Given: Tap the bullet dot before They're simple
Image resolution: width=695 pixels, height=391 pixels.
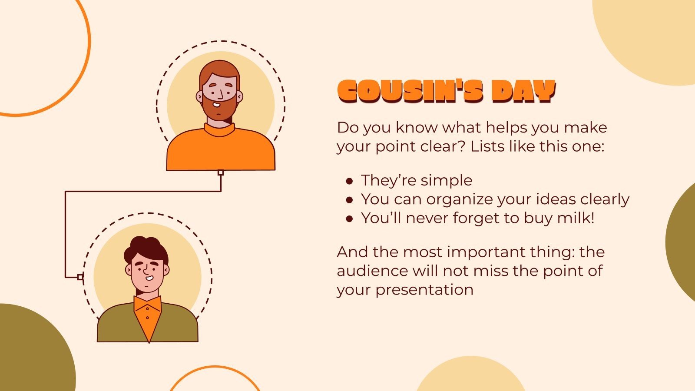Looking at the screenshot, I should pos(349,181).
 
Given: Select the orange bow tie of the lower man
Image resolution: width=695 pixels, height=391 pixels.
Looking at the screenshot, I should pos(148,304).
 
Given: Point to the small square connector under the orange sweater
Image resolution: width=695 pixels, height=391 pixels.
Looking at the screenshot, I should pos(221,172).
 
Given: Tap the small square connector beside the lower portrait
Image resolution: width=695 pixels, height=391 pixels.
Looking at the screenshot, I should pos(80,277).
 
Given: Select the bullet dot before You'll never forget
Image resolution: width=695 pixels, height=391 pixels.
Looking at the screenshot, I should pos(349,219).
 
